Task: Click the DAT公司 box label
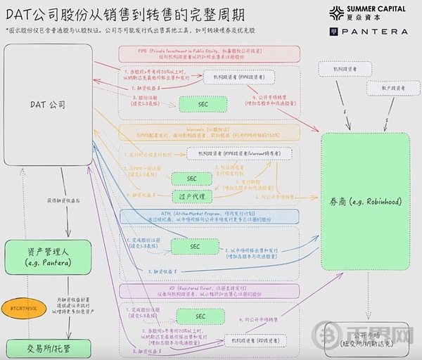(48, 105)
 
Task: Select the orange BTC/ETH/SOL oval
(24, 307)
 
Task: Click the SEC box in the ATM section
(194, 246)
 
